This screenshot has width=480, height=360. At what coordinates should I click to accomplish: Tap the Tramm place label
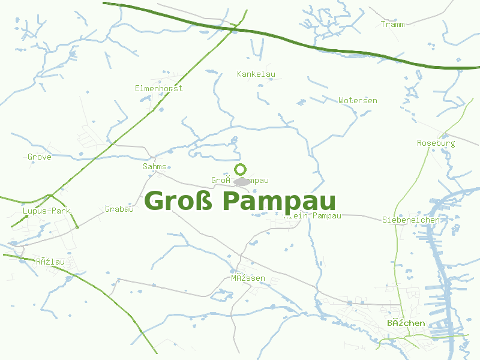point(392,24)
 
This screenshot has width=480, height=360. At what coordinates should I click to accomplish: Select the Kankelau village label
point(256,74)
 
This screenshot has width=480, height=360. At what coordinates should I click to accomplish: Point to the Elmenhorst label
point(158,88)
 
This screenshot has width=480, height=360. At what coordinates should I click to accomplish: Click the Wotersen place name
point(358,100)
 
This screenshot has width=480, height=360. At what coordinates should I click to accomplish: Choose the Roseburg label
point(436,143)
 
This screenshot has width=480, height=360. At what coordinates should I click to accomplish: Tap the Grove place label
point(40,157)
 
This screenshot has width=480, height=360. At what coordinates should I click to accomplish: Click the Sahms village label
point(155,166)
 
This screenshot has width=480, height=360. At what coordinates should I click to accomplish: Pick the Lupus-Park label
point(47,211)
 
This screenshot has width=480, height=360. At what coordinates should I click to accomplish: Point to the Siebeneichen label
point(411,220)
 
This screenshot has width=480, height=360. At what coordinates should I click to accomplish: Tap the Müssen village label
point(248,278)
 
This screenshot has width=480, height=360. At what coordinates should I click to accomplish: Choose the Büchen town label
point(406,323)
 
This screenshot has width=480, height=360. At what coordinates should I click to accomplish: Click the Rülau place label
point(50,262)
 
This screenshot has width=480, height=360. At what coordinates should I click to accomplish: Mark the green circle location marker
point(240,169)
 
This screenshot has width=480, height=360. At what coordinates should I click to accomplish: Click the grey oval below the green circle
point(242,181)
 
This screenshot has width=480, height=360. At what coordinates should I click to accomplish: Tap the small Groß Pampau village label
point(239,180)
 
